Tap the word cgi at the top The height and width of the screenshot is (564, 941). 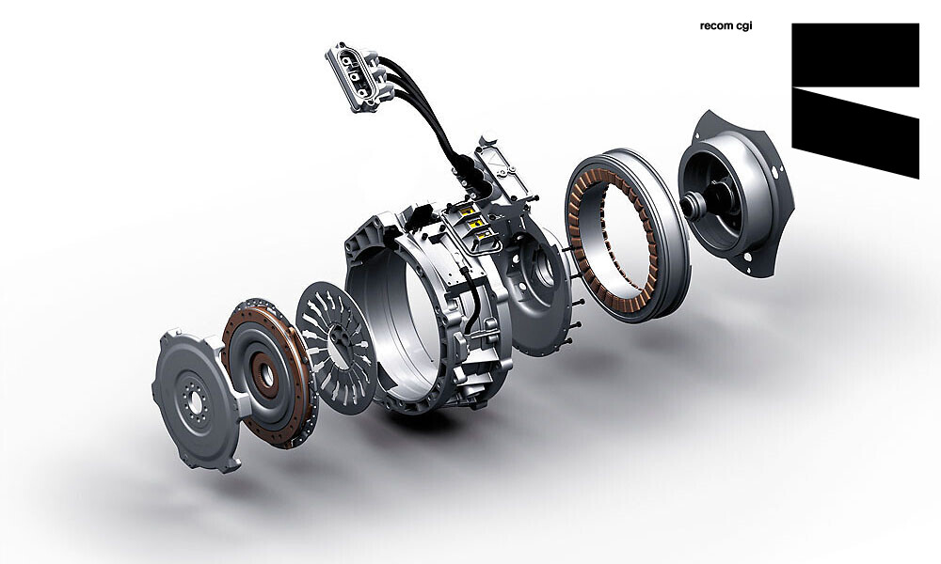pos(742,27)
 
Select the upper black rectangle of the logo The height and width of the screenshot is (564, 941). pos(855,55)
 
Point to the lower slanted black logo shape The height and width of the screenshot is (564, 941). pos(855,133)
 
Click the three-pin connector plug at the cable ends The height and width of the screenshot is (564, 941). pos(353,77)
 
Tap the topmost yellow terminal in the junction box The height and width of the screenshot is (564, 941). pos(468,210)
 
